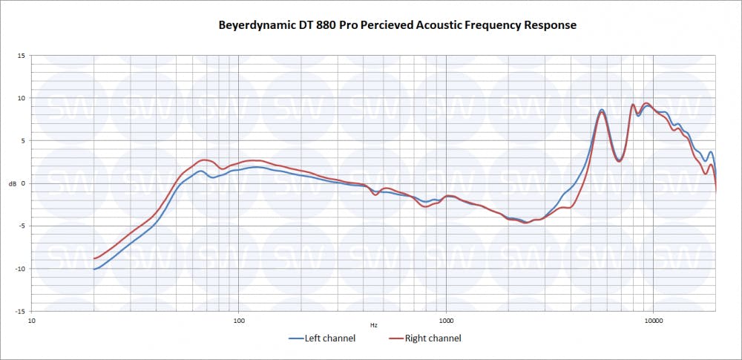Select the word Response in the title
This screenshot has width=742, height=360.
click(550, 25)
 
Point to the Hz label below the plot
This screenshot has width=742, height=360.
click(374, 325)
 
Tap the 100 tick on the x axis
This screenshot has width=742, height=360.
click(239, 321)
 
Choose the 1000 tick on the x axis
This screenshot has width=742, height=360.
click(446, 321)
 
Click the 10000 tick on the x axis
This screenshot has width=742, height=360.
click(653, 321)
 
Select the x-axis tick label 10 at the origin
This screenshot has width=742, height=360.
click(32, 321)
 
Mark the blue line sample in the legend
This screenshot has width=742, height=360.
click(295, 338)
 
